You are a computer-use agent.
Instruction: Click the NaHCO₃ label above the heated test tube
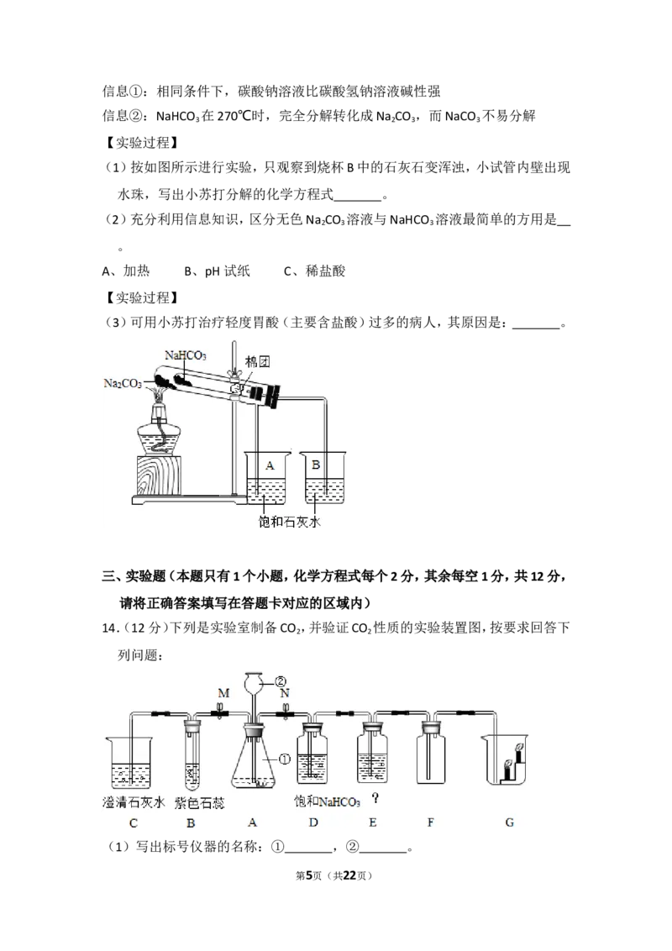pyautogui.click(x=185, y=355)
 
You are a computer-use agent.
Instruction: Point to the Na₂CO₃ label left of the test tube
pyautogui.click(x=123, y=383)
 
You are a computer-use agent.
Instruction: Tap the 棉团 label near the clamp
pyautogui.click(x=257, y=362)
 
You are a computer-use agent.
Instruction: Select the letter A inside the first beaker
pyautogui.click(x=270, y=465)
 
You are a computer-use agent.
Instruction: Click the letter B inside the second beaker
pyautogui.click(x=315, y=465)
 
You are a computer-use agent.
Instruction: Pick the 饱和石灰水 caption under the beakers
pyautogui.click(x=289, y=522)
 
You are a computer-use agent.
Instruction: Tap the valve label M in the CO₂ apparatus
pyautogui.click(x=223, y=692)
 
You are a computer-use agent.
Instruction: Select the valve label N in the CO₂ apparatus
pyautogui.click(x=285, y=692)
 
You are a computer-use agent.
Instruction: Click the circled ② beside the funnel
pyautogui.click(x=281, y=681)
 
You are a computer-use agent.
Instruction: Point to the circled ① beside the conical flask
pyautogui.click(x=285, y=759)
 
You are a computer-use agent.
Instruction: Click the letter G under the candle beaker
pyautogui.click(x=509, y=822)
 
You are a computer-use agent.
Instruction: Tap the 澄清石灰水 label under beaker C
pyautogui.click(x=134, y=802)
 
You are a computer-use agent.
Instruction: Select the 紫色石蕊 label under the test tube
pyautogui.click(x=199, y=803)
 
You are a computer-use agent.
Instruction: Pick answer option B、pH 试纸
pyautogui.click(x=217, y=271)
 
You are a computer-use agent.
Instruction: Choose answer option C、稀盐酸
pyautogui.click(x=315, y=271)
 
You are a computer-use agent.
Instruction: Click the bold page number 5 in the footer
pyautogui.click(x=309, y=875)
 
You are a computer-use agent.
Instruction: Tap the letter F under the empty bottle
pyautogui.click(x=431, y=822)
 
